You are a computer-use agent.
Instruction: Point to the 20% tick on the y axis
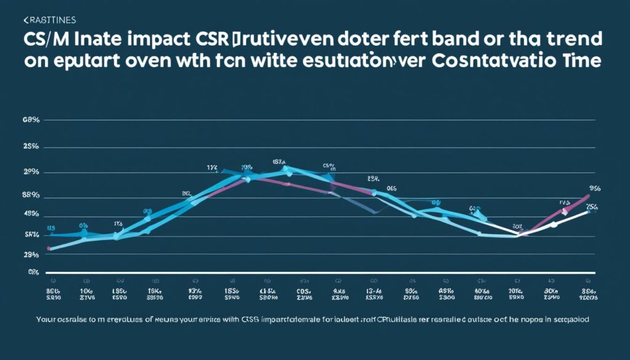pyautogui.click(x=31, y=172)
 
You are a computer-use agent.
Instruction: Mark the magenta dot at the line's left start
pyautogui.click(x=49, y=249)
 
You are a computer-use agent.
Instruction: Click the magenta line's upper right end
pyautogui.click(x=588, y=196)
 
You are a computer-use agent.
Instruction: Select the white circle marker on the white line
pyautogui.click(x=554, y=225)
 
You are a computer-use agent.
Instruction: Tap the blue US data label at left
pyautogui.click(x=51, y=227)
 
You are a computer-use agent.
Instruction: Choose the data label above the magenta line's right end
pyautogui.click(x=594, y=188)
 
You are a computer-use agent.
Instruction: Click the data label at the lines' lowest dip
pyautogui.click(x=517, y=226)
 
